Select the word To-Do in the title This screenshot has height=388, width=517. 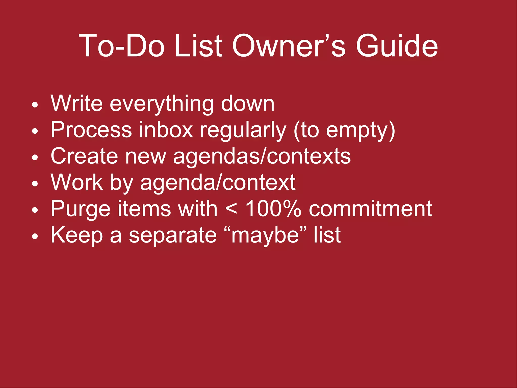coord(121,46)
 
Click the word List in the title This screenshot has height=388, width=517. coord(198,46)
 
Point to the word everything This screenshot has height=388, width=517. coord(162,104)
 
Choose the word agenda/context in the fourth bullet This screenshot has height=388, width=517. coord(218,183)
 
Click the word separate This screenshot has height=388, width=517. coord(173,235)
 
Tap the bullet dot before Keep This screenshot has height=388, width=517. coord(35,236)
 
